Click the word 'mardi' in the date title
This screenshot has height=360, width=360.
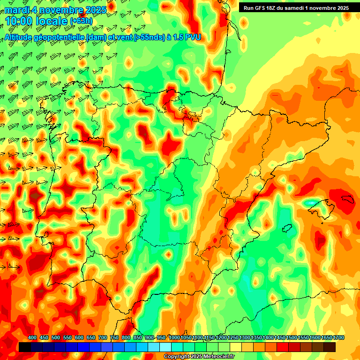18,9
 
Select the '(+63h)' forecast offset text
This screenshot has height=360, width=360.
81,21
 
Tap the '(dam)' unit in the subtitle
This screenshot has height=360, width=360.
97,37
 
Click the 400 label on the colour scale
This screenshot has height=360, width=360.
32,338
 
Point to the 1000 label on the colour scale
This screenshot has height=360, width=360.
174,338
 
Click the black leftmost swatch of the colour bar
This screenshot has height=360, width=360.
25,347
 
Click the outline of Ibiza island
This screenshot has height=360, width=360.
287,228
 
